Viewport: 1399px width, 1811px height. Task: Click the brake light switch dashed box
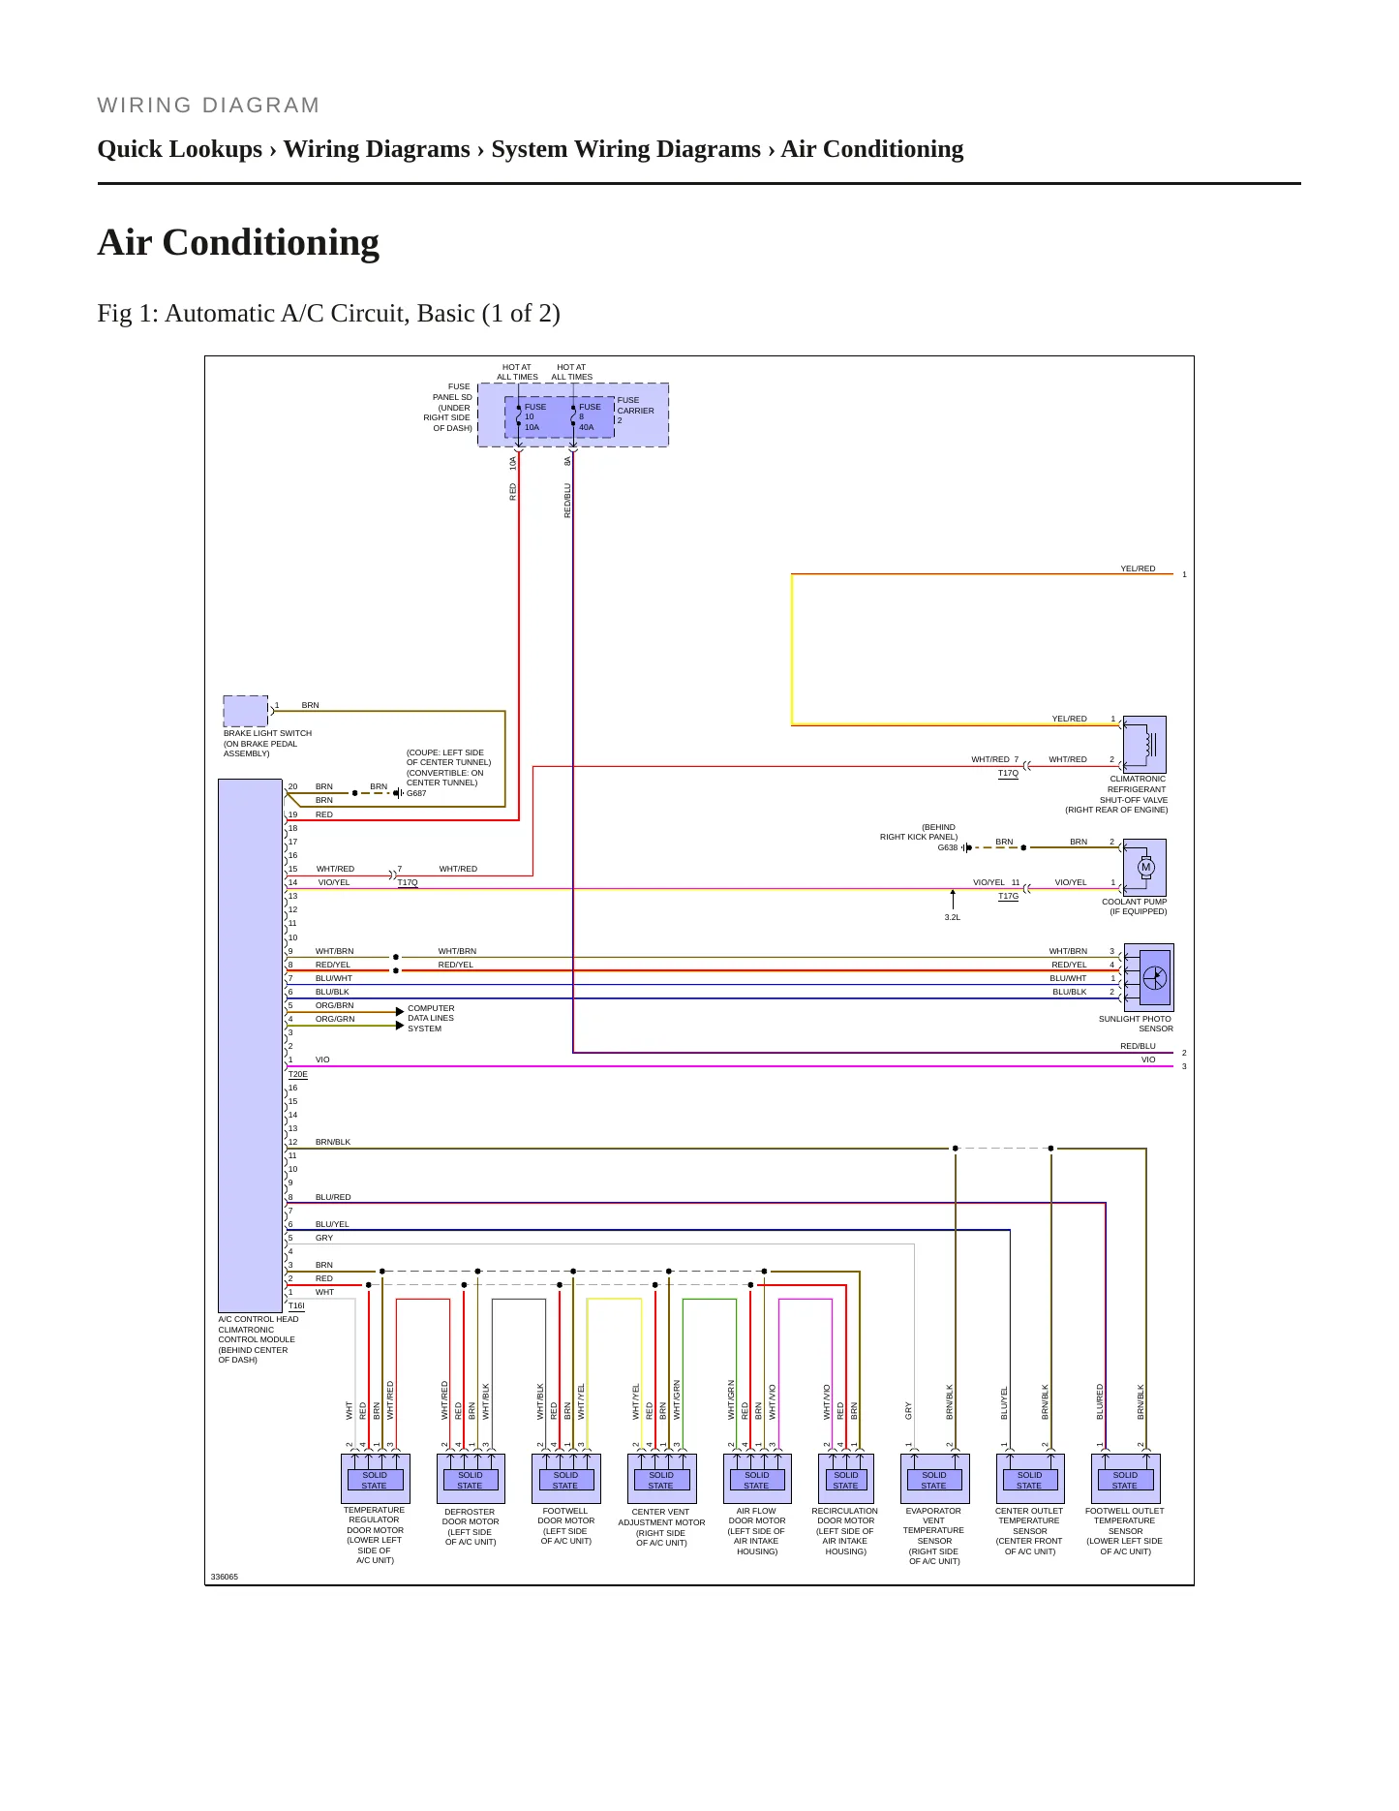(x=246, y=711)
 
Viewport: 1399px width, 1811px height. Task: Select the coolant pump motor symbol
(x=1144, y=868)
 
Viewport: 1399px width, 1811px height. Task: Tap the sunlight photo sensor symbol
(x=1149, y=977)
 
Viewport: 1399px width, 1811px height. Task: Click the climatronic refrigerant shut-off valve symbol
(x=1144, y=745)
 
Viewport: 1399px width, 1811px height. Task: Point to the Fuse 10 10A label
(x=534, y=417)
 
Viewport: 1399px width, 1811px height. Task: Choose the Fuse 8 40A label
(x=589, y=417)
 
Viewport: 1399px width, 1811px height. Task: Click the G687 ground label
(x=416, y=793)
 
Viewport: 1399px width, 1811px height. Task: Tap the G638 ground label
(x=947, y=847)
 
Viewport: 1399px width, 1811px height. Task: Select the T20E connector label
(x=298, y=1074)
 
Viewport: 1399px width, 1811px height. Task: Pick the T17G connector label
(x=1009, y=896)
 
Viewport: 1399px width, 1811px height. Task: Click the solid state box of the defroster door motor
(x=470, y=1480)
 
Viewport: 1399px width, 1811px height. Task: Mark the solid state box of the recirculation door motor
(x=846, y=1480)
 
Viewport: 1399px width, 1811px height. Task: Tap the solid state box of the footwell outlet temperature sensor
(x=1125, y=1480)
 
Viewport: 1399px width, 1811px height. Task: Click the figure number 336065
(x=225, y=1577)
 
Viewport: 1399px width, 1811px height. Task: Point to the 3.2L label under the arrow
(x=953, y=917)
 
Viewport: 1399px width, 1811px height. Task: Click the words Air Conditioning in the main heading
(x=238, y=242)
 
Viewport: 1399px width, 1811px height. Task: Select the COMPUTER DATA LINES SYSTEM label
(x=431, y=1018)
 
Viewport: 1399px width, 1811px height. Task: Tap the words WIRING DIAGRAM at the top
(x=208, y=106)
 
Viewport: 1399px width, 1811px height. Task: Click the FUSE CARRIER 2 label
(x=636, y=410)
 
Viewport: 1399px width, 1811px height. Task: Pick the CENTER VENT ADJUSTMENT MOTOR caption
(x=662, y=1527)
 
